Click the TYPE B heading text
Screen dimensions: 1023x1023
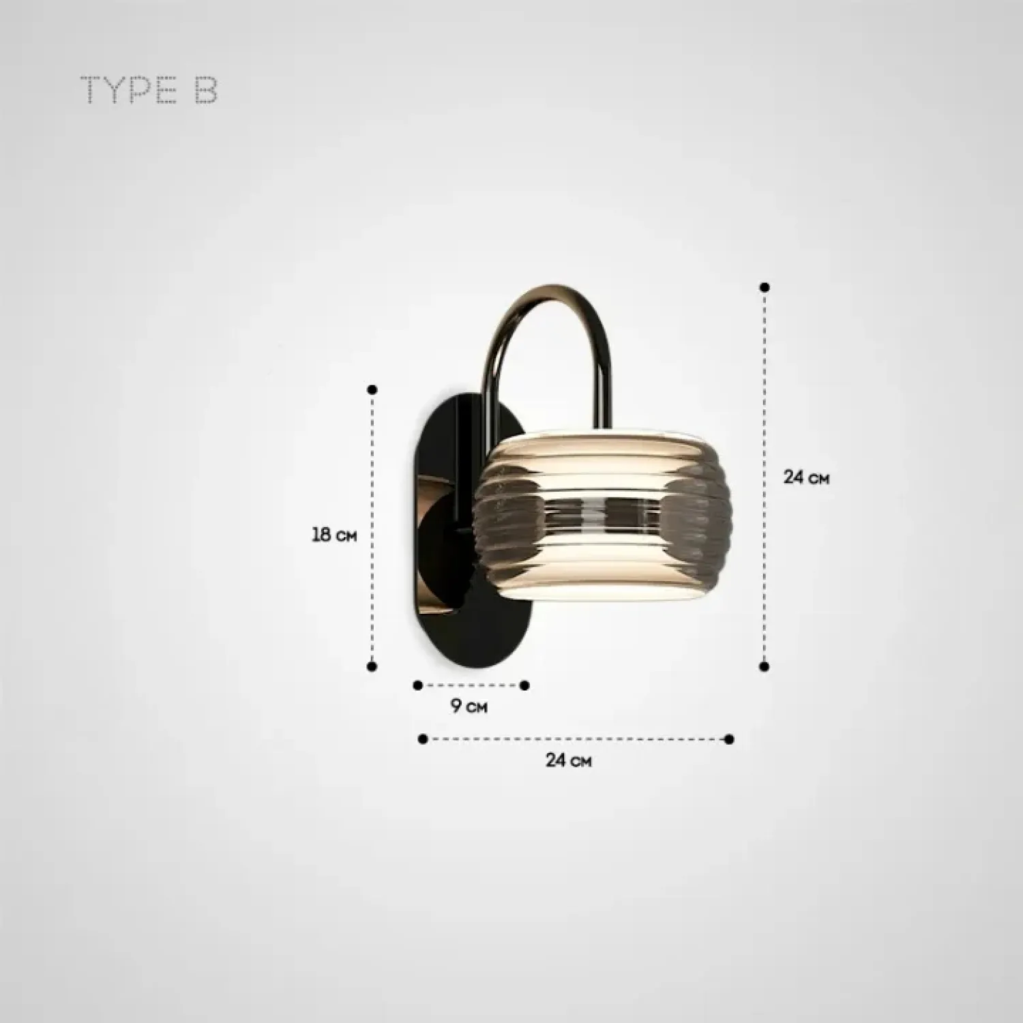[x=149, y=91]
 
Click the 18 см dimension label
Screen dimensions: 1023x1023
[x=334, y=534]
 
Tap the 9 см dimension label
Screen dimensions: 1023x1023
[x=469, y=706]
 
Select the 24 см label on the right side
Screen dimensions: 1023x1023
[x=806, y=477]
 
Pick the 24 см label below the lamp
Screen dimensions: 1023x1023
[x=568, y=760]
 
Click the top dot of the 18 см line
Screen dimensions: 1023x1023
[x=372, y=389]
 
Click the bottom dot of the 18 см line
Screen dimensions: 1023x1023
[x=372, y=666]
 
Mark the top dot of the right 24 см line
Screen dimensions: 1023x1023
[x=765, y=287]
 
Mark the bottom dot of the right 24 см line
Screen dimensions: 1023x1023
[x=765, y=666]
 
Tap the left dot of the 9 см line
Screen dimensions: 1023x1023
[x=418, y=685]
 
